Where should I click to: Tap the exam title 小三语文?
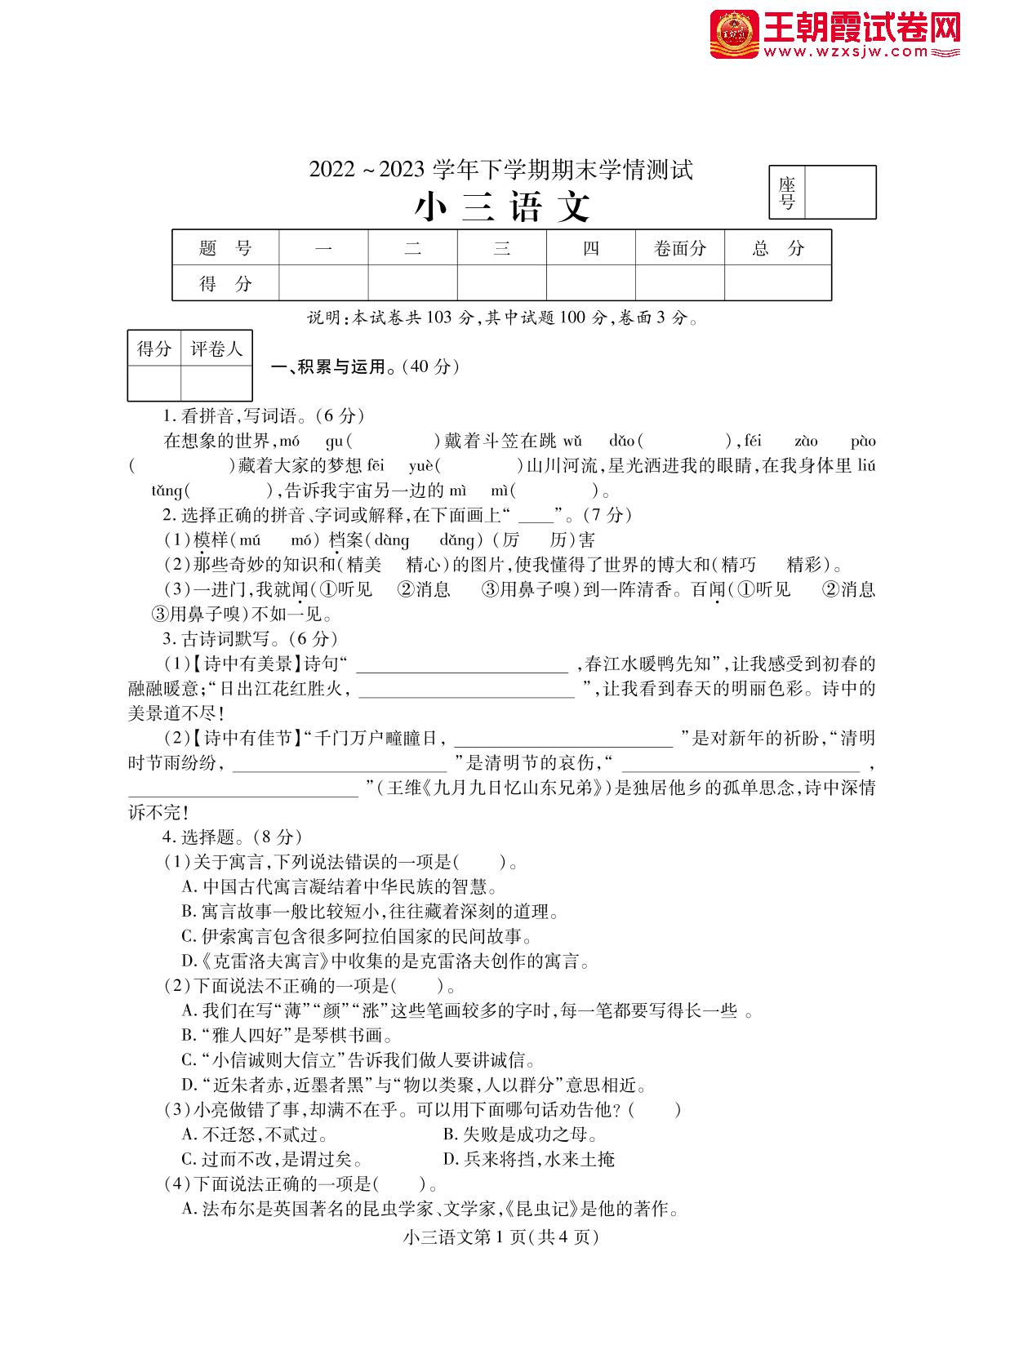click(502, 207)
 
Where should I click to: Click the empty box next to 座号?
click(840, 193)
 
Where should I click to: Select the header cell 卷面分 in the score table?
click(679, 248)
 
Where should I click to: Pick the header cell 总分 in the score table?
click(777, 248)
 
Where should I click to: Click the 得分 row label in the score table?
click(226, 284)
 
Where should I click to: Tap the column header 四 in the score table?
click(590, 248)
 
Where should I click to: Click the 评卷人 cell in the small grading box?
click(216, 349)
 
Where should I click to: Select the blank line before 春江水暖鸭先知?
click(462, 665)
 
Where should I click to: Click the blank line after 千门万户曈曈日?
click(563, 739)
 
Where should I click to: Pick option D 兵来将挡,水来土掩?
click(528, 1160)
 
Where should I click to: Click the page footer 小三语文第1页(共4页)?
click(501, 1237)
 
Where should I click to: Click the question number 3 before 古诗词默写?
click(167, 639)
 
